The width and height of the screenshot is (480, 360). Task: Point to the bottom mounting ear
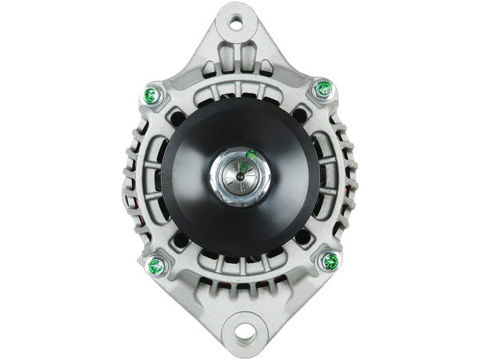pyautogui.click(x=240, y=320)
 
